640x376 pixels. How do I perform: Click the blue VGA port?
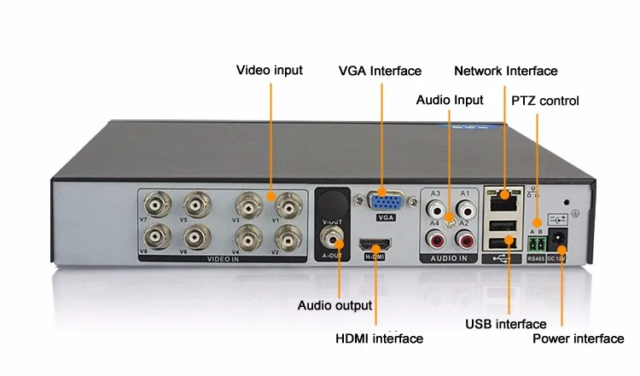pyautogui.click(x=386, y=201)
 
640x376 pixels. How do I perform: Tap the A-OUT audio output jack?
pyautogui.click(x=331, y=233)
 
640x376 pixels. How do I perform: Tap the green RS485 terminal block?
pyautogui.click(x=537, y=240)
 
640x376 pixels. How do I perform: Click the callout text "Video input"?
pyautogui.click(x=269, y=70)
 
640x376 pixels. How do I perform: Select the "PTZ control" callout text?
pyautogui.click(x=544, y=101)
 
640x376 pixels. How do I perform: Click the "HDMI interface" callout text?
pyautogui.click(x=379, y=338)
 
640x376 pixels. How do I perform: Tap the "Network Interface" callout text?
pyautogui.click(x=505, y=71)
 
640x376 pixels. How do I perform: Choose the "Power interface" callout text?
pyautogui.click(x=578, y=338)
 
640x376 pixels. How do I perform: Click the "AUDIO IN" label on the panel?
pyautogui.click(x=451, y=256)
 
